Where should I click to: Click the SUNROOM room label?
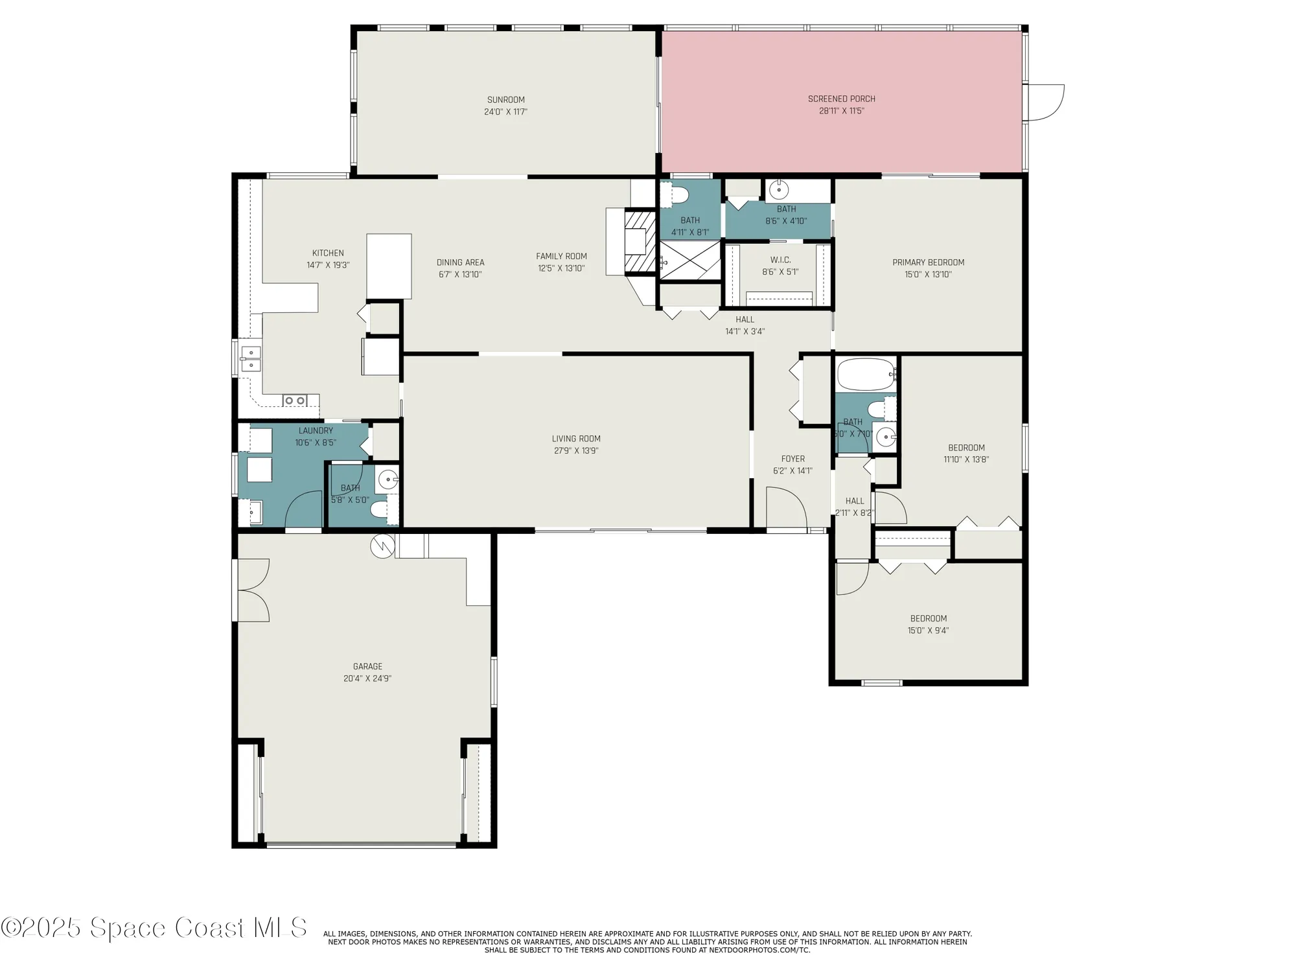[x=505, y=100]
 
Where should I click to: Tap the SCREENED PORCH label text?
[x=841, y=99]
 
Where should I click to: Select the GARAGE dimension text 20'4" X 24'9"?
[x=367, y=678]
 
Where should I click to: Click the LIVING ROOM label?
[x=575, y=439]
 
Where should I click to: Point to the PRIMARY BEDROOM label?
[x=928, y=262]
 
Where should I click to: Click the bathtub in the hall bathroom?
[x=866, y=375]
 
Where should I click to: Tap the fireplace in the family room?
[x=634, y=241]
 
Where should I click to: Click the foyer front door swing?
[x=785, y=509]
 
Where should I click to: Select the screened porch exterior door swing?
[x=1045, y=102]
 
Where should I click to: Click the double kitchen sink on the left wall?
[x=250, y=359]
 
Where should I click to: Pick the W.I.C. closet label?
[x=780, y=260]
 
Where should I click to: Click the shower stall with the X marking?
[x=689, y=260]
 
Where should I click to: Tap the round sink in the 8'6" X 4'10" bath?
[x=778, y=191]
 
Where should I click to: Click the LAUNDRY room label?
[x=316, y=431]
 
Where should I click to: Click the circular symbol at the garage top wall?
[x=382, y=546]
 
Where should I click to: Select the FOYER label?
[x=793, y=459]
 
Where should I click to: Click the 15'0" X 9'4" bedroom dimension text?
[x=928, y=631]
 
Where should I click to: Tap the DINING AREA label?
[x=460, y=262]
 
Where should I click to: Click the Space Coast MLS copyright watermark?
[x=154, y=928]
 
